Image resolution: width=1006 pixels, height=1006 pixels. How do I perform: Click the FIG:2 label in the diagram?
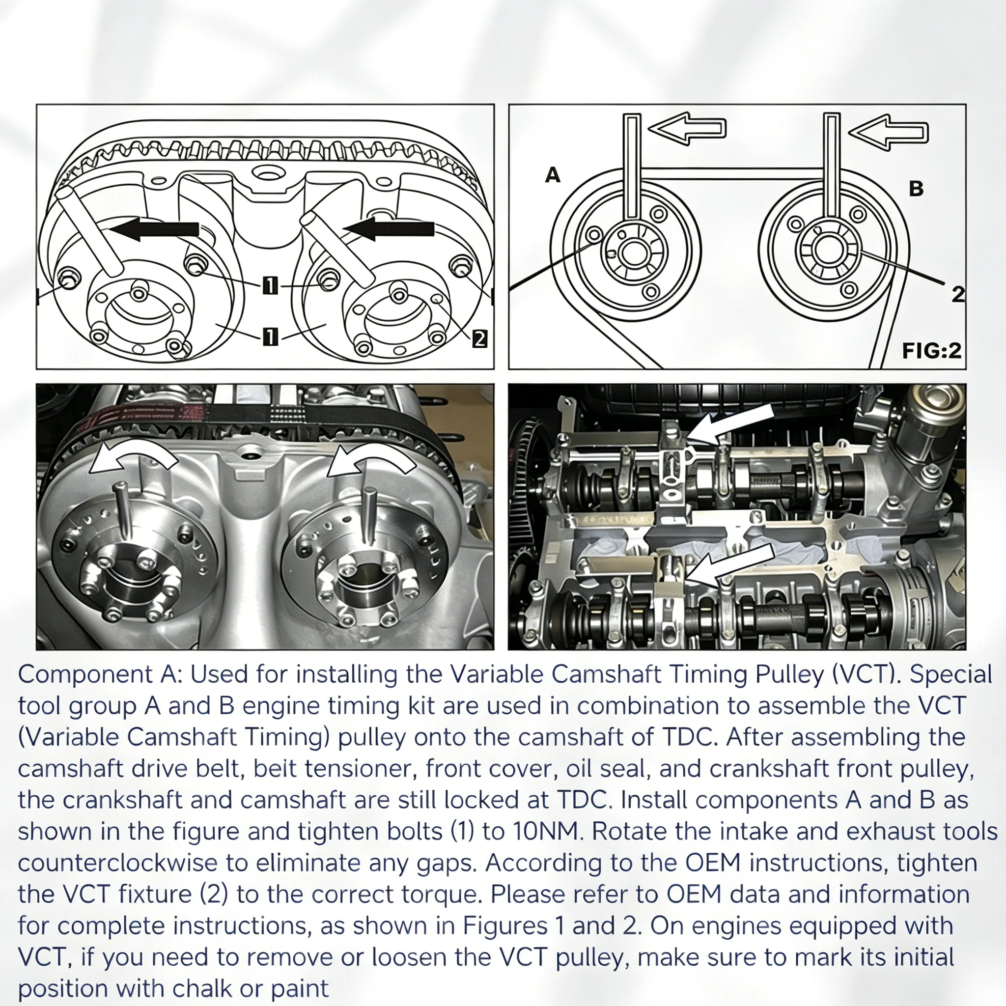[x=931, y=350]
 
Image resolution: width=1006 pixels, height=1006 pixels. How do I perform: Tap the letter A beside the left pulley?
[x=553, y=175]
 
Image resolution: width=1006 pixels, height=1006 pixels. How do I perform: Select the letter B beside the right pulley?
[x=916, y=189]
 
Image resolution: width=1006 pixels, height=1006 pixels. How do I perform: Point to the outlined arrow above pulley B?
[x=889, y=132]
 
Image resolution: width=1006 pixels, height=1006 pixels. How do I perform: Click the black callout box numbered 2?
[x=479, y=339]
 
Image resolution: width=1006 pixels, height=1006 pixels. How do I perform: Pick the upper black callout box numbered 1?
[x=270, y=285]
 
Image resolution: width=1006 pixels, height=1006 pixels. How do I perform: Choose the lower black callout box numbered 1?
[x=270, y=337]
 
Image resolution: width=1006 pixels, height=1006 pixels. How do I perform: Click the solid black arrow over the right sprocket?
[x=388, y=229]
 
